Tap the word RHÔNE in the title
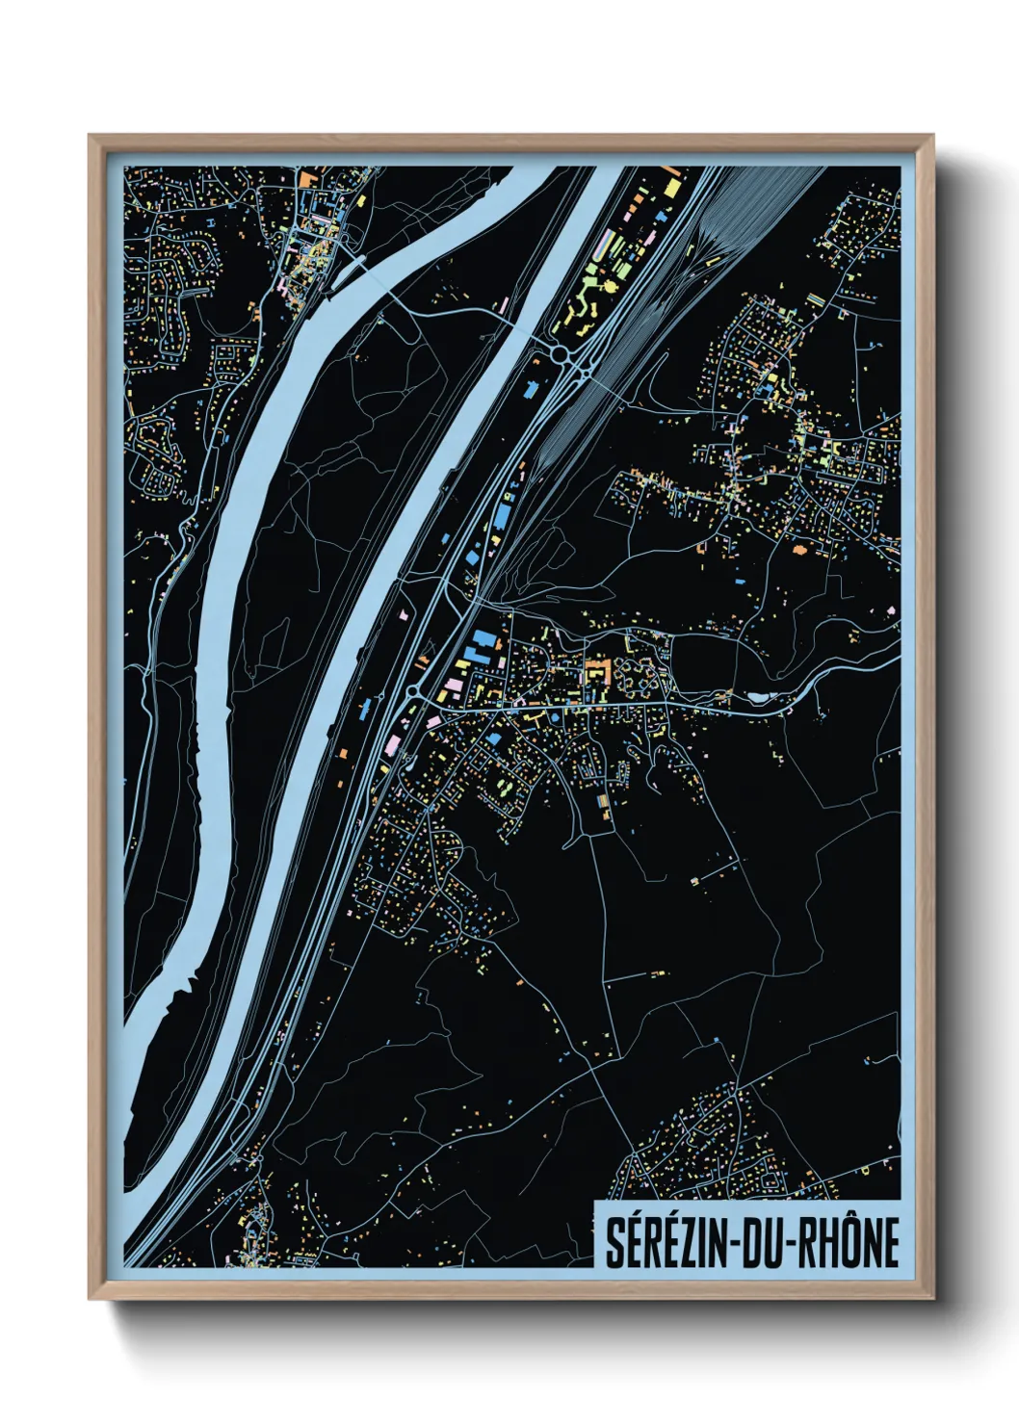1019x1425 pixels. coord(851,1243)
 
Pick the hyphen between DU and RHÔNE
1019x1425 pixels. coord(788,1244)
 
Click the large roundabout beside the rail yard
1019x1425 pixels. coord(561,355)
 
